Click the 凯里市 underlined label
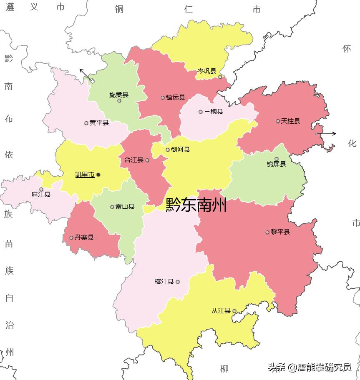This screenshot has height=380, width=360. (85, 175)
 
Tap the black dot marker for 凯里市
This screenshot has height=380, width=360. (98, 175)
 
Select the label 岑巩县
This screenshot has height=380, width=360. (206, 71)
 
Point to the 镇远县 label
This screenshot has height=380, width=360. (175, 97)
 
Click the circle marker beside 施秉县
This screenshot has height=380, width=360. (119, 100)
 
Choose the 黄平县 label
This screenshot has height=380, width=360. (99, 123)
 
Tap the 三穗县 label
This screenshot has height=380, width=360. (213, 112)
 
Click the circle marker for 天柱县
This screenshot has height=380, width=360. (278, 121)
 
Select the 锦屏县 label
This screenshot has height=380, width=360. (276, 164)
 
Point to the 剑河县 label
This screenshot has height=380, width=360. (180, 150)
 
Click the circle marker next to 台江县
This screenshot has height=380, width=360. (147, 160)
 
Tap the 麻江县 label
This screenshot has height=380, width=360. (41, 195)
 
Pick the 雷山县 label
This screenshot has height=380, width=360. (125, 207)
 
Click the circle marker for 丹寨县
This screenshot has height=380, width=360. (71, 238)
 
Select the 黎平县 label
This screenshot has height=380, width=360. (280, 232)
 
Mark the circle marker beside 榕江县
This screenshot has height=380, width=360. (178, 282)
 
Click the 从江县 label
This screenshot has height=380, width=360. (221, 311)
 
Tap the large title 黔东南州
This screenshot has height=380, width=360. (196, 205)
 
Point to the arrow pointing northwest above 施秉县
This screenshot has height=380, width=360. (86, 75)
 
